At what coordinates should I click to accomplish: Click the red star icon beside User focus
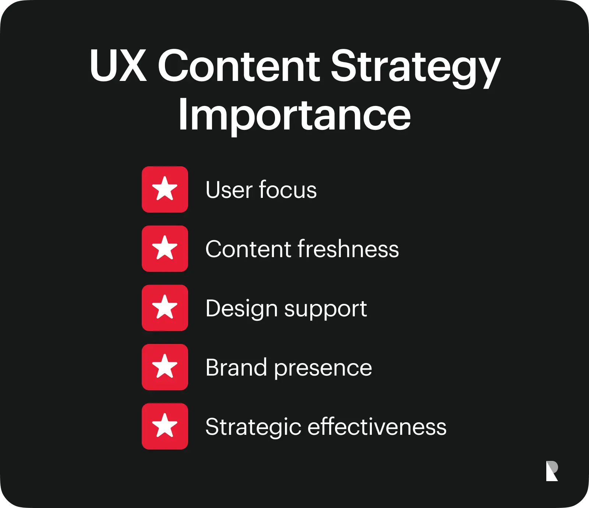tap(165, 189)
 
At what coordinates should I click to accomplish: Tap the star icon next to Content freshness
tap(165, 249)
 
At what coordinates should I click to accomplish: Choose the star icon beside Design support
tap(165, 308)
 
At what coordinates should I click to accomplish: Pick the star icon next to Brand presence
tap(165, 367)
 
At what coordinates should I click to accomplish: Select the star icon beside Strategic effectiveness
tap(165, 426)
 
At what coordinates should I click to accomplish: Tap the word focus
tap(288, 189)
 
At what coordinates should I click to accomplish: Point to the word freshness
tap(348, 249)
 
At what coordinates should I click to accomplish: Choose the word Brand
tap(236, 367)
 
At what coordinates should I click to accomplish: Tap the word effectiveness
tap(377, 426)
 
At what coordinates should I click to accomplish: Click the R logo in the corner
tap(552, 471)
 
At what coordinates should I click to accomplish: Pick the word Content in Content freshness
tap(248, 249)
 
